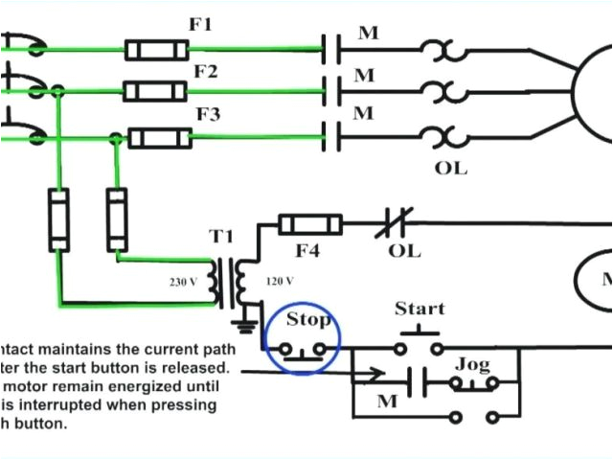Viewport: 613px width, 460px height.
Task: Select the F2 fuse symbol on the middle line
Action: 156,91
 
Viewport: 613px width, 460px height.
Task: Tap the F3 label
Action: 208,115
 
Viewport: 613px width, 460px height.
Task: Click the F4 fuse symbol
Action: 310,225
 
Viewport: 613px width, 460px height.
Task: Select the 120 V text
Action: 278,281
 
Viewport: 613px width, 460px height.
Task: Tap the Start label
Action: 420,309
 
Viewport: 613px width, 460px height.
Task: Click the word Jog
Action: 472,364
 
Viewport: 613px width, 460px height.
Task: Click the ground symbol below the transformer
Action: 247,326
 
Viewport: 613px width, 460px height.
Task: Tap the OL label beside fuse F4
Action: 404,253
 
